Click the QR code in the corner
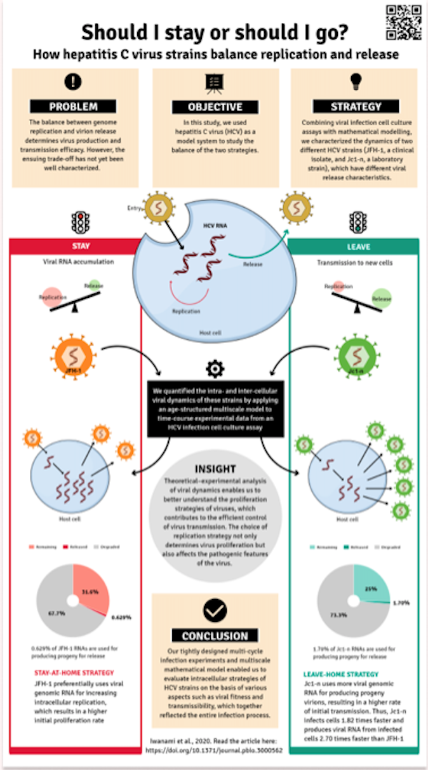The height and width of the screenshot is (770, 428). tap(403, 22)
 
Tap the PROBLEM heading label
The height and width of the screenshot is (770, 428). tap(74, 107)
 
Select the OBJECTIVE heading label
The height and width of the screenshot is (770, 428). tap(215, 107)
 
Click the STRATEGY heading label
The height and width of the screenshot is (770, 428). tap(356, 107)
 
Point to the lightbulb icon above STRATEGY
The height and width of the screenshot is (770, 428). tap(356, 82)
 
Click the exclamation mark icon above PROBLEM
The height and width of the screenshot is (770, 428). tap(74, 82)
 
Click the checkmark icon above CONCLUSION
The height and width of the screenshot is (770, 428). tap(215, 611)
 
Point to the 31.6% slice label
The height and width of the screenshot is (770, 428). tap(90, 591)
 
